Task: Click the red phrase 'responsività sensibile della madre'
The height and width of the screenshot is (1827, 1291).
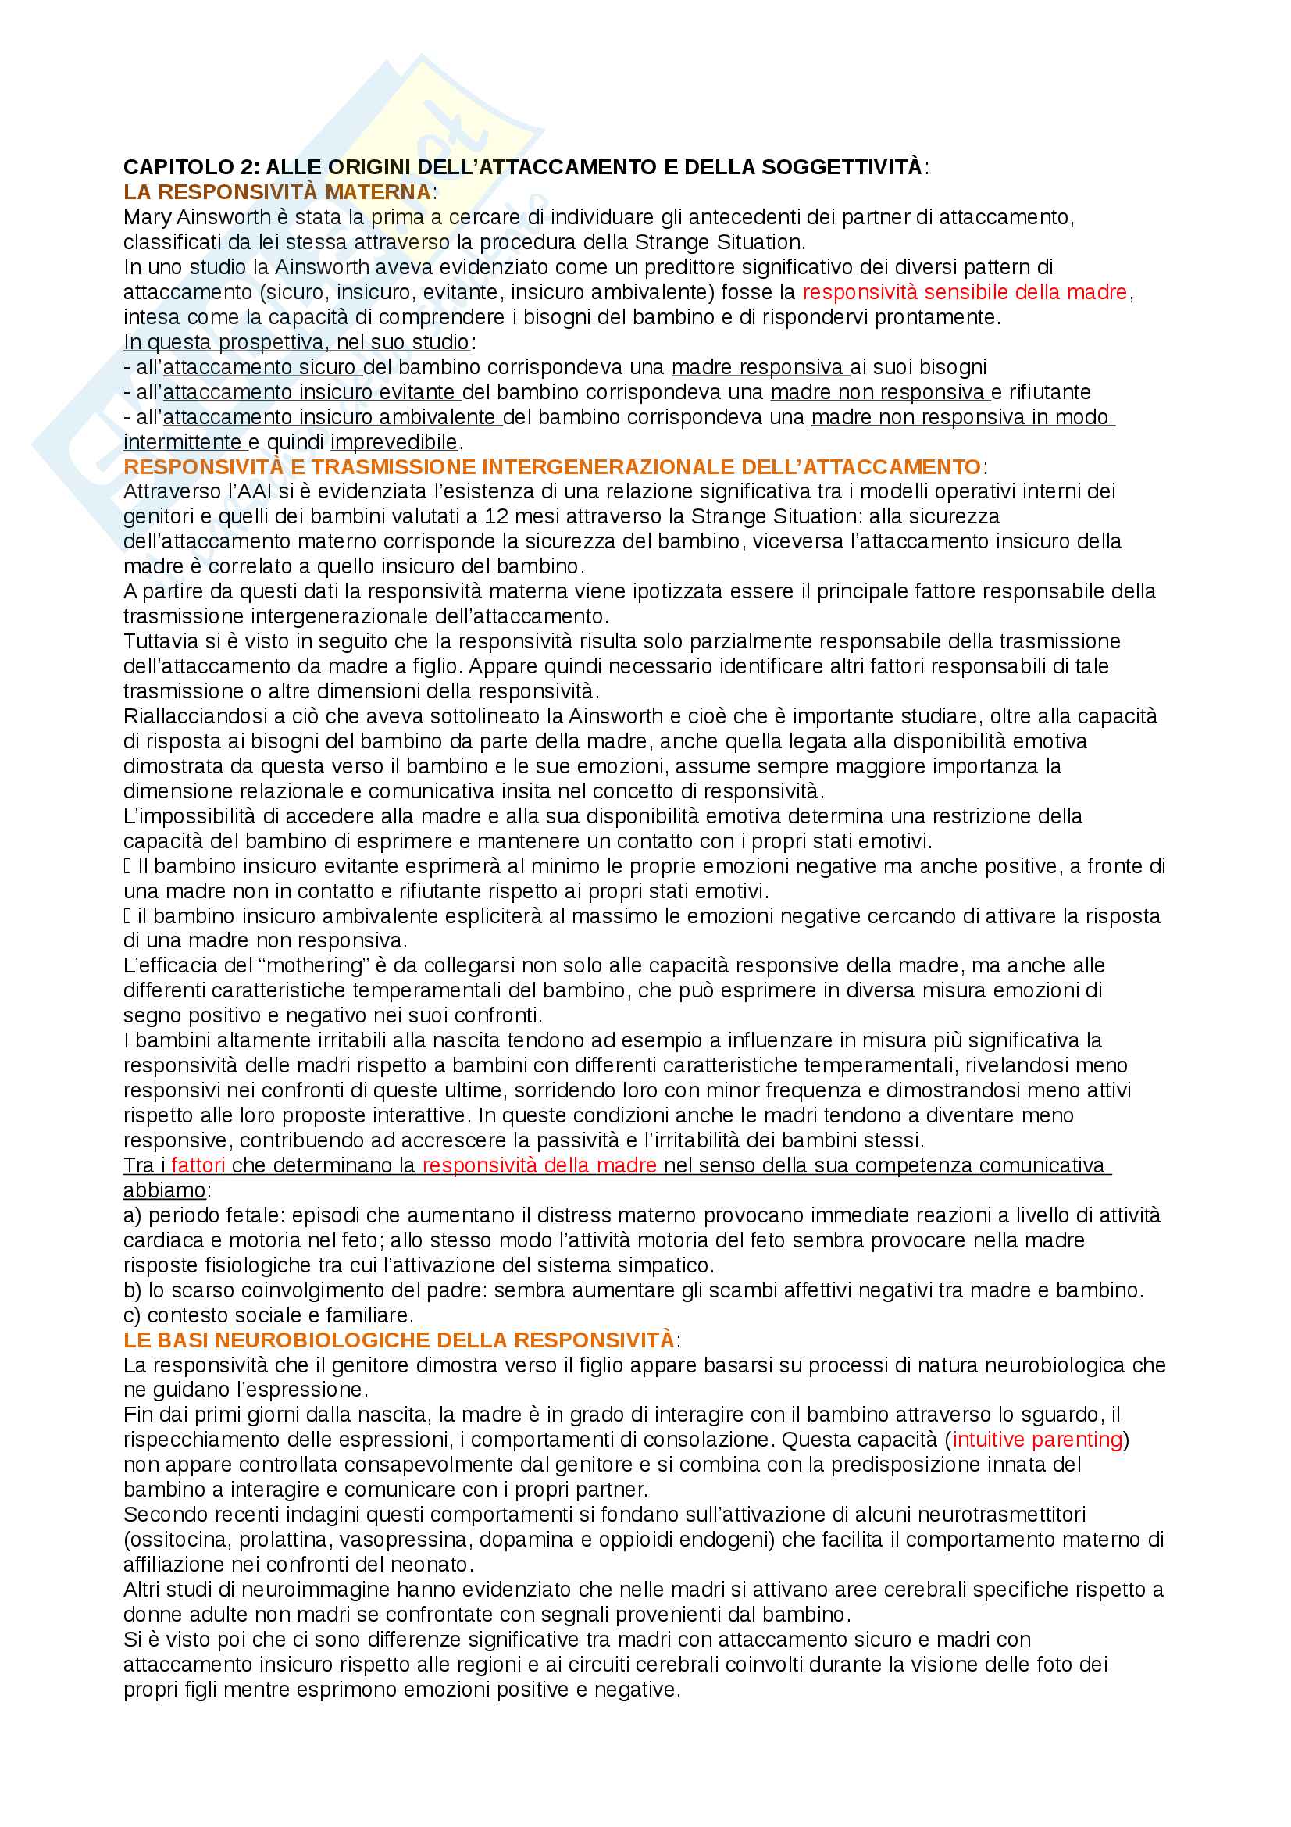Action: tap(964, 292)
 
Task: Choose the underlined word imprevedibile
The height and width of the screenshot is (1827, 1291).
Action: tap(394, 441)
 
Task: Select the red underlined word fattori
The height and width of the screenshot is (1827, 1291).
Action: tap(198, 1165)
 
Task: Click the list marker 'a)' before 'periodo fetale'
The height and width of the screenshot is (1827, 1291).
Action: tap(132, 1215)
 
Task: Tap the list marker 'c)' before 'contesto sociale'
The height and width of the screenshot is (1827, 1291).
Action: tap(132, 1315)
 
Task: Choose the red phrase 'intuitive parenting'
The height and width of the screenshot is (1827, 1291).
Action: tap(1037, 1440)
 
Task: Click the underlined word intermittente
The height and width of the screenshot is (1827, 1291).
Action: tap(182, 441)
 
